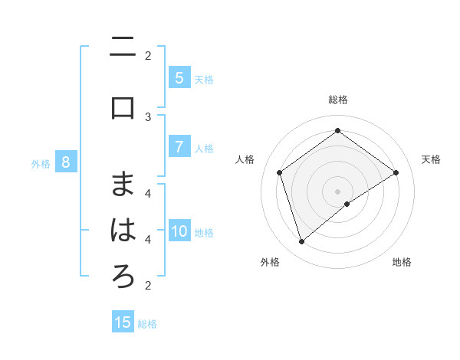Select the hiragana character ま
(x=123, y=183)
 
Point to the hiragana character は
(x=123, y=231)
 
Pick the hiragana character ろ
(x=123, y=277)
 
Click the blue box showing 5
(x=179, y=78)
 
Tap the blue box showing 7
(x=179, y=147)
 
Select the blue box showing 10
(x=179, y=231)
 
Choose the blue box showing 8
(x=66, y=162)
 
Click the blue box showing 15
(x=123, y=322)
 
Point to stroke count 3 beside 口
(x=148, y=116)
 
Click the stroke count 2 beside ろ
(x=148, y=286)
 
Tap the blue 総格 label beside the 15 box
(x=147, y=323)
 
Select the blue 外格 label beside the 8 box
(x=41, y=163)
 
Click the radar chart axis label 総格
(x=338, y=100)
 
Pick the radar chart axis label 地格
(x=402, y=262)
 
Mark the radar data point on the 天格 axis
(x=396, y=172)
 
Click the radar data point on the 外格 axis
(x=301, y=242)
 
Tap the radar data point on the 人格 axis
(x=279, y=172)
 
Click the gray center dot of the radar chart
(x=338, y=191)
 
